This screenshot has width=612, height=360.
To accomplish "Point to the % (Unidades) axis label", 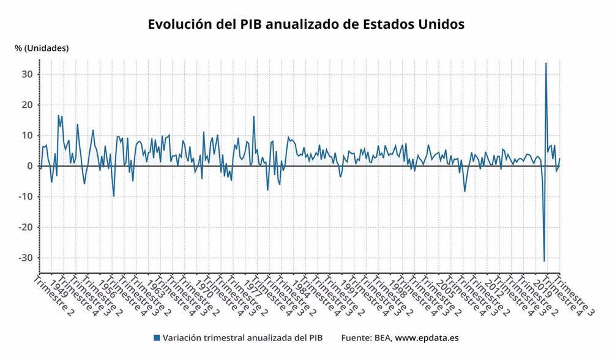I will [x=42, y=48].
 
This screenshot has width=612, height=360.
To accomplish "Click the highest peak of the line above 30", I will [x=546, y=63].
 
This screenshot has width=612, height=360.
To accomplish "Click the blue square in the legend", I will [x=157, y=338].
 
